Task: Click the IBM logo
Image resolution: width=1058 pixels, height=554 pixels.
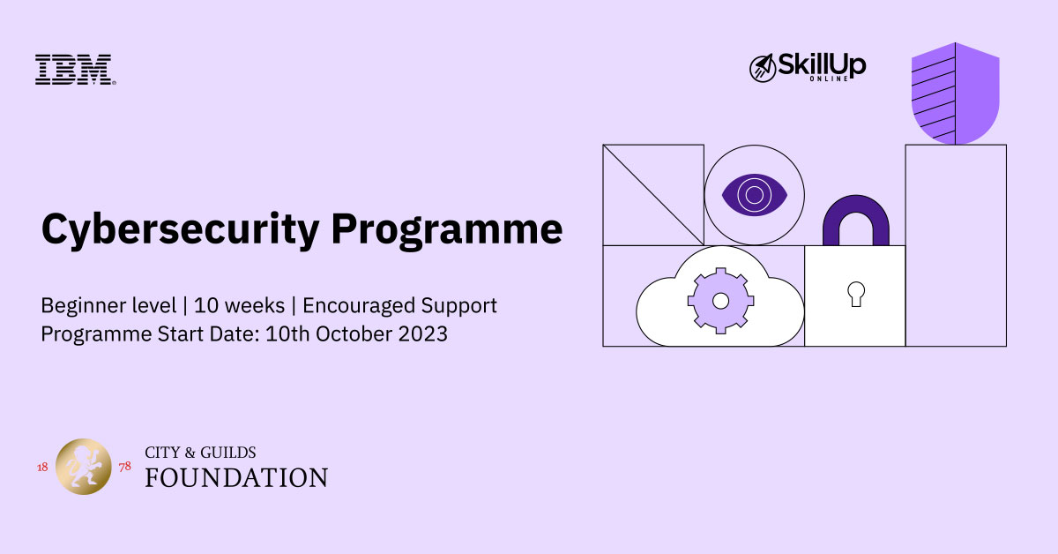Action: pyautogui.click(x=76, y=70)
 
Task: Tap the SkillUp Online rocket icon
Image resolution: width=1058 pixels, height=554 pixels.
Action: pyautogui.click(x=763, y=68)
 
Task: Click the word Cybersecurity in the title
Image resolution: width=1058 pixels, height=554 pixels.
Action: pyautogui.click(x=180, y=230)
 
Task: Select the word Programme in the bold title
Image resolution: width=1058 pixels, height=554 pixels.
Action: pyautogui.click(x=447, y=230)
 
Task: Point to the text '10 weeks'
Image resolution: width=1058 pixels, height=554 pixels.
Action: pyautogui.click(x=240, y=305)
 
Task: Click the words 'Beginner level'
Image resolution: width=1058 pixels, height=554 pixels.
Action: pyautogui.click(x=108, y=305)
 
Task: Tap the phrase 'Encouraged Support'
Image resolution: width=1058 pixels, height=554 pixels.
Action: pyautogui.click(x=399, y=306)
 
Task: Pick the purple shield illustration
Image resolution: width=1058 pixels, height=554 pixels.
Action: pyautogui.click(x=955, y=94)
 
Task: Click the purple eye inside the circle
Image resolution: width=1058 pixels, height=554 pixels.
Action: pyautogui.click(x=755, y=195)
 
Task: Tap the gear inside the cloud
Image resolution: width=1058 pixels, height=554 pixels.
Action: pyautogui.click(x=720, y=301)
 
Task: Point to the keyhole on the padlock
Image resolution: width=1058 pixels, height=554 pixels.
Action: pyautogui.click(x=856, y=294)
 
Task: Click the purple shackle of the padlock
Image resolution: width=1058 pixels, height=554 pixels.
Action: pyautogui.click(x=856, y=203)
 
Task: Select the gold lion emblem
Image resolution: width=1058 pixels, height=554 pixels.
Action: pyautogui.click(x=84, y=467)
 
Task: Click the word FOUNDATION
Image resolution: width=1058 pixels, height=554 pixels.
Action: pyautogui.click(x=236, y=477)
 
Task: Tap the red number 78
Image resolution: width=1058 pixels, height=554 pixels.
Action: pyautogui.click(x=124, y=467)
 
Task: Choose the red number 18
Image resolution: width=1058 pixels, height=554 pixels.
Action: pyautogui.click(x=42, y=467)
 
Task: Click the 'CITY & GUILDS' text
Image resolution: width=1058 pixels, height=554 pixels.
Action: pyautogui.click(x=200, y=453)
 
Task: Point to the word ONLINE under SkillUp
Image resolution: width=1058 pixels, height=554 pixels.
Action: pyautogui.click(x=829, y=79)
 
